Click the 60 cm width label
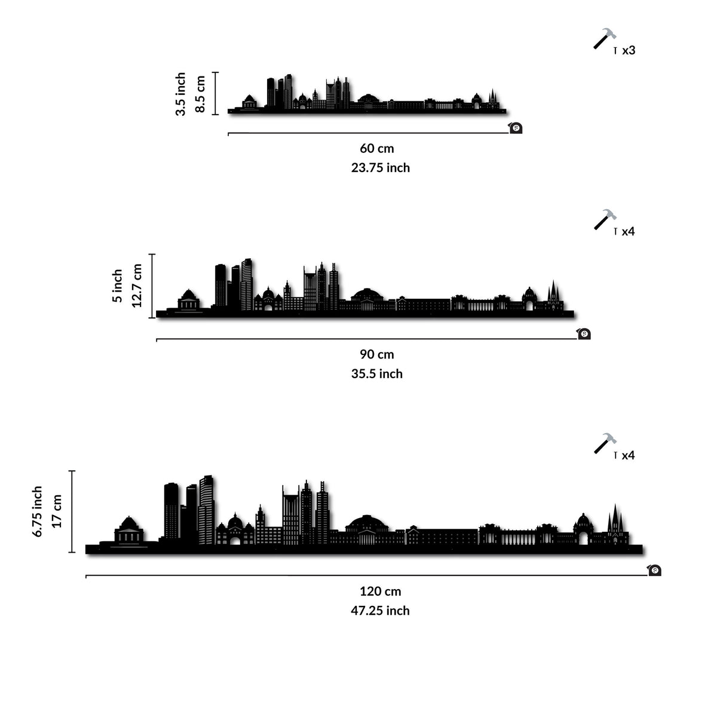point(376,148)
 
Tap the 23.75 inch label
point(380,168)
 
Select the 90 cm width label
point(376,354)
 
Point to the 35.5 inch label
point(376,373)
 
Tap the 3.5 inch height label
point(180,94)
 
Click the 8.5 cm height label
point(200,94)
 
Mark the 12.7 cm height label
point(137,286)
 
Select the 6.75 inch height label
point(37,511)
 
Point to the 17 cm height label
point(57,511)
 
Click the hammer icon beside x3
point(605,38)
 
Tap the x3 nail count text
point(629,50)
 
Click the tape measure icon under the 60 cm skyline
point(515,128)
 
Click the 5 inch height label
point(117,286)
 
